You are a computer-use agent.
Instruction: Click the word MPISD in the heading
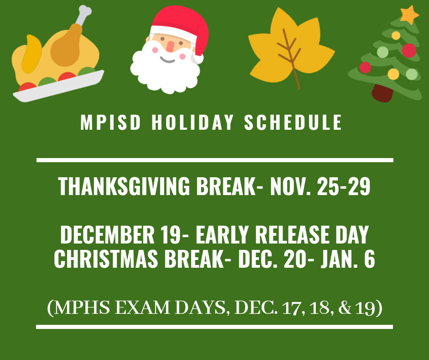point(110,122)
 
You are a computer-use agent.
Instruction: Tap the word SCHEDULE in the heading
point(293,122)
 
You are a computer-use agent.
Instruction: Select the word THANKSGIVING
point(124,186)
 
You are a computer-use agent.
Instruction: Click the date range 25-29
point(344,186)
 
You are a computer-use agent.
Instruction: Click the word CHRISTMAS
point(106,259)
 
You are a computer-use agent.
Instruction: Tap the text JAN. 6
point(348,259)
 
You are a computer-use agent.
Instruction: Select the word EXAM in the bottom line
point(142,307)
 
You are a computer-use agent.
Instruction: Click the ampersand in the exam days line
point(345,307)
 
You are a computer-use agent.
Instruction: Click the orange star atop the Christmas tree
point(409,14)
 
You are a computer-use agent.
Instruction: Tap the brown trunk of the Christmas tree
point(382,93)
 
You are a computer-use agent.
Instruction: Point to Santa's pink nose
point(170,47)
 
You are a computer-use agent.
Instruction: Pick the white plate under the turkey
point(58,86)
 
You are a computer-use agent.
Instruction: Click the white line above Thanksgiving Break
point(215,160)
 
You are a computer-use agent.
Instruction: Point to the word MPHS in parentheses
point(82,307)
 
